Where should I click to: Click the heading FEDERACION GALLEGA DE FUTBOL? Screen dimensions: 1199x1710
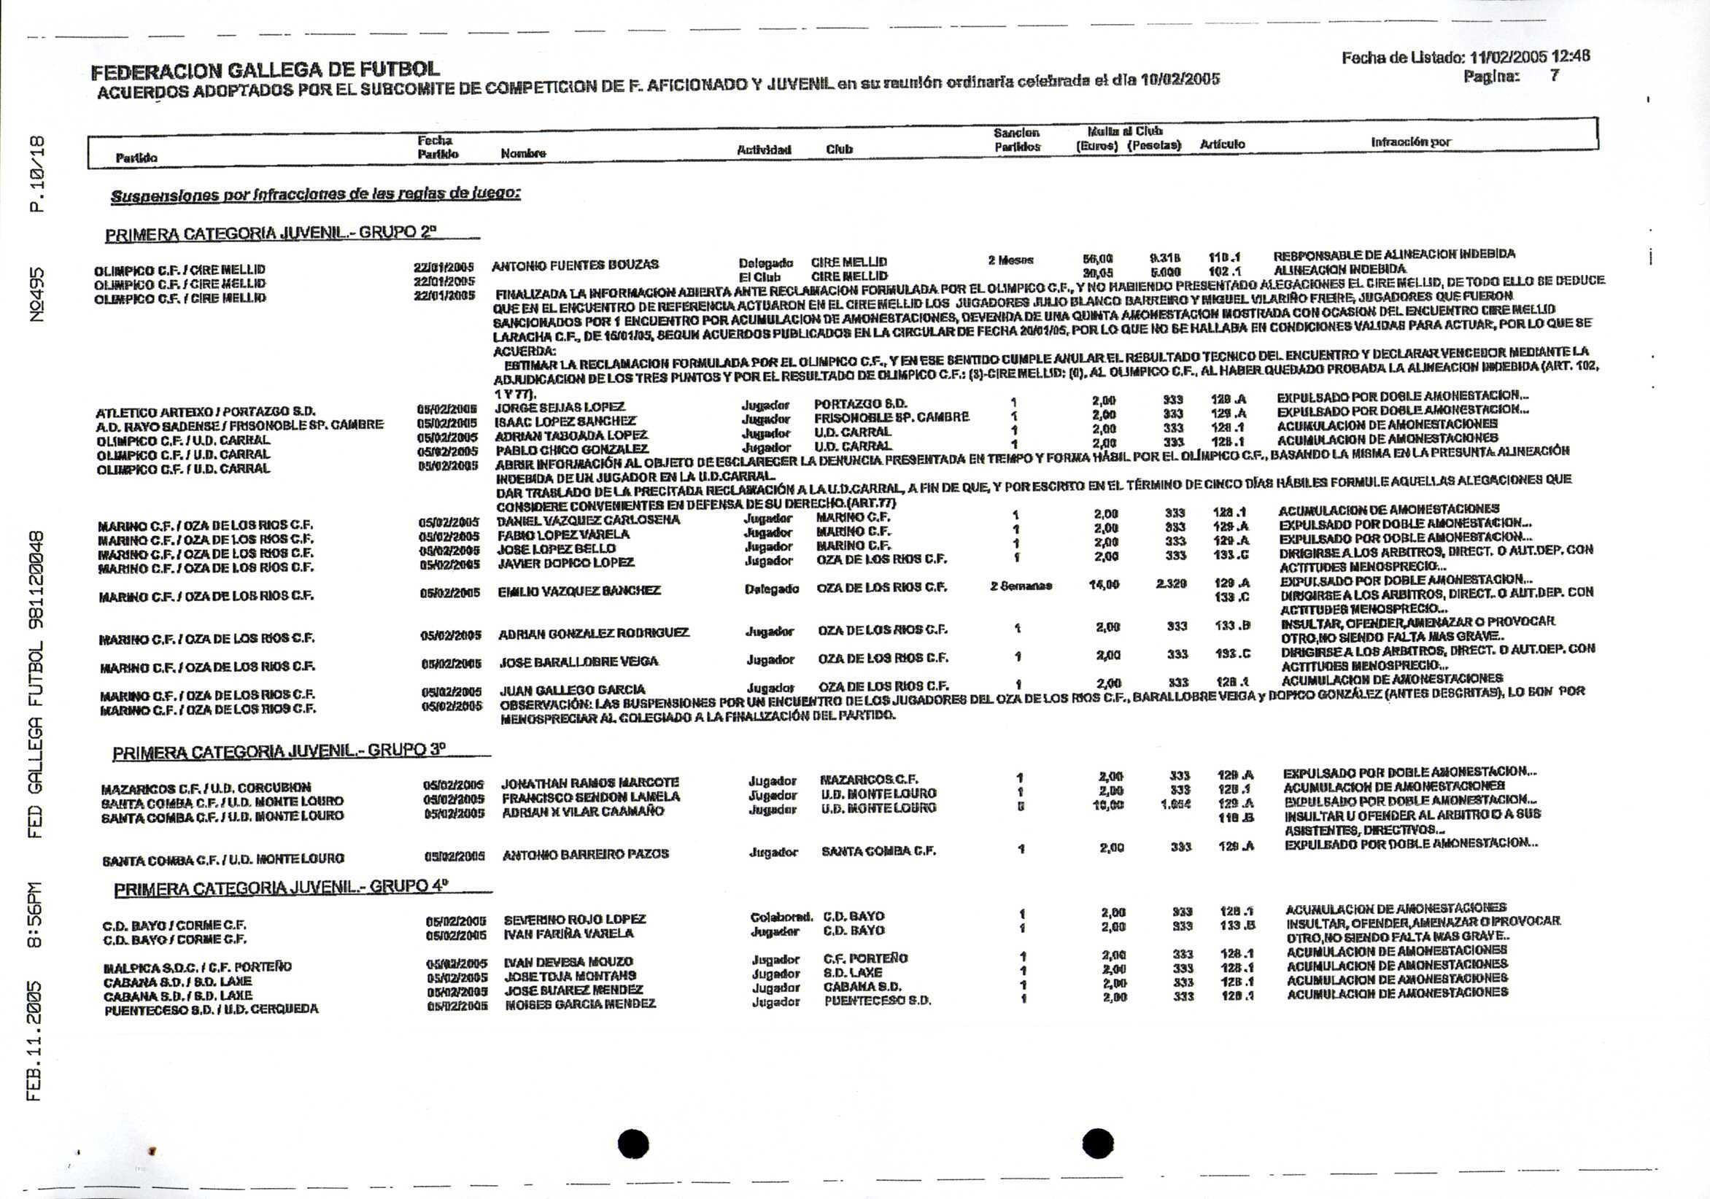(264, 71)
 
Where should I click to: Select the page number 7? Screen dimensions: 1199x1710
(1554, 75)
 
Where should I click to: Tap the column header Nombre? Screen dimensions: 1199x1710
(523, 153)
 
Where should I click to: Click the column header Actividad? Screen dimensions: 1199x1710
(763, 150)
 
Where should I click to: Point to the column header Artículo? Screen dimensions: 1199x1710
(1221, 144)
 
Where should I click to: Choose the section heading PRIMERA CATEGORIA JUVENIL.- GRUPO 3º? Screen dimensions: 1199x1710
(279, 752)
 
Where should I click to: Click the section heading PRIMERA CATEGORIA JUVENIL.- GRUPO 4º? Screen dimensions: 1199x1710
(282, 888)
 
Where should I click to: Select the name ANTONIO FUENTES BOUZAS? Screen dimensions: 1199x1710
(575, 264)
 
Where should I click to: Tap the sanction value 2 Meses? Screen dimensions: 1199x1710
(1010, 260)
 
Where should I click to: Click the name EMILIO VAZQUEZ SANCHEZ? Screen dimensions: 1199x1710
(579, 591)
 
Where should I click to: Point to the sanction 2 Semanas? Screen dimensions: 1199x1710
(1021, 586)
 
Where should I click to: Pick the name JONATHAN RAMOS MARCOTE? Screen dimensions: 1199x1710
(590, 783)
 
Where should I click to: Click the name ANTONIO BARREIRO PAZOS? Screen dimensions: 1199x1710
(585, 854)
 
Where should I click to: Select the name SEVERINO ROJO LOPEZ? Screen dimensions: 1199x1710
(575, 920)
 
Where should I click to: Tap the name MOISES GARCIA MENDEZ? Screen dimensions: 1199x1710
(580, 1004)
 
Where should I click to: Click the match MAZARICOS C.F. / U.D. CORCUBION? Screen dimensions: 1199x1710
(206, 788)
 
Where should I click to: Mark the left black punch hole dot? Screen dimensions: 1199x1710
(633, 1144)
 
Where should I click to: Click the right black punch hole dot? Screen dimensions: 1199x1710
(1097, 1144)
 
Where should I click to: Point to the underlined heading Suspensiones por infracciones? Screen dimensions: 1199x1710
(315, 195)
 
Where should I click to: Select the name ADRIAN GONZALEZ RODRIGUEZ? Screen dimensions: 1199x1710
(594, 634)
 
